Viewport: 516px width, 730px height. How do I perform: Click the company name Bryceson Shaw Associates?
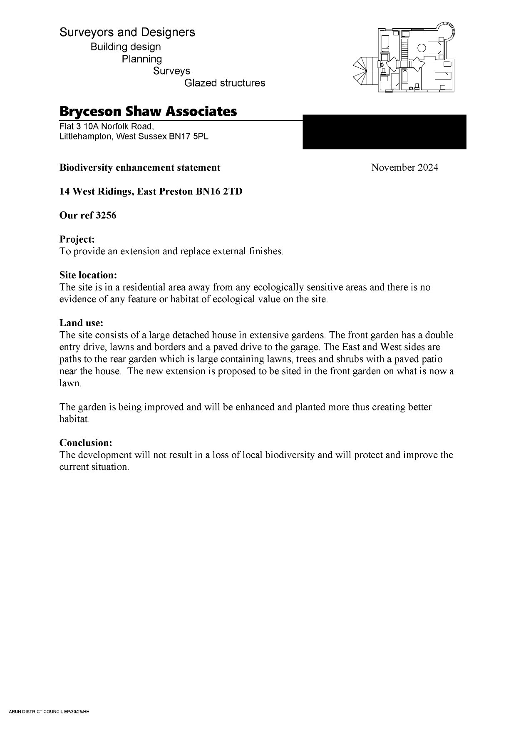(148, 112)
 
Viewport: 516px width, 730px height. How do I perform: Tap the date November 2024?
(404, 167)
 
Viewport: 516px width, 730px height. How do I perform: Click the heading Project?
(77, 239)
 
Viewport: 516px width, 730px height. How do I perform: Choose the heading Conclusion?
(86, 442)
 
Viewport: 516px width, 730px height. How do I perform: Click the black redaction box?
(384, 132)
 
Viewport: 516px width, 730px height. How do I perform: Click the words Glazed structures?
(225, 83)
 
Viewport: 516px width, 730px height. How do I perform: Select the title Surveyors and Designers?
(127, 32)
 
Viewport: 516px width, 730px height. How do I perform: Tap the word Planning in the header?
(142, 59)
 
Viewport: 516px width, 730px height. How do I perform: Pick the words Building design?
(126, 47)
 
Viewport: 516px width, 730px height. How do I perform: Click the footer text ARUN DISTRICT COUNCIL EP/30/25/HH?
(49, 712)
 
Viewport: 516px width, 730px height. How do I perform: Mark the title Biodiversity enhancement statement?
(140, 167)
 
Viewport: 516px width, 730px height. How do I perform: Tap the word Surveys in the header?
(171, 71)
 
